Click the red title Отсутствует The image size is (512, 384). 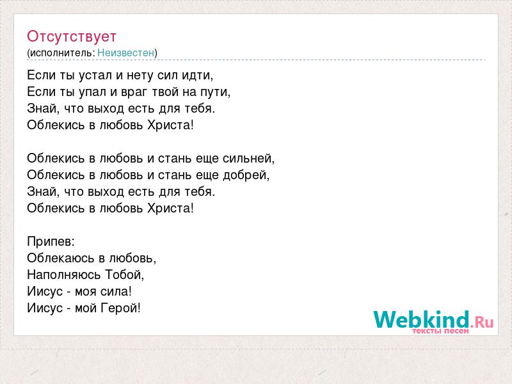point(72,36)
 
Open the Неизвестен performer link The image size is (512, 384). point(125,52)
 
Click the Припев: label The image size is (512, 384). point(51,242)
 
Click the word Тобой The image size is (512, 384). point(124,275)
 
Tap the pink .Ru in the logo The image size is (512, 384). point(482,323)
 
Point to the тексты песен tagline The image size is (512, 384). point(441,331)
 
